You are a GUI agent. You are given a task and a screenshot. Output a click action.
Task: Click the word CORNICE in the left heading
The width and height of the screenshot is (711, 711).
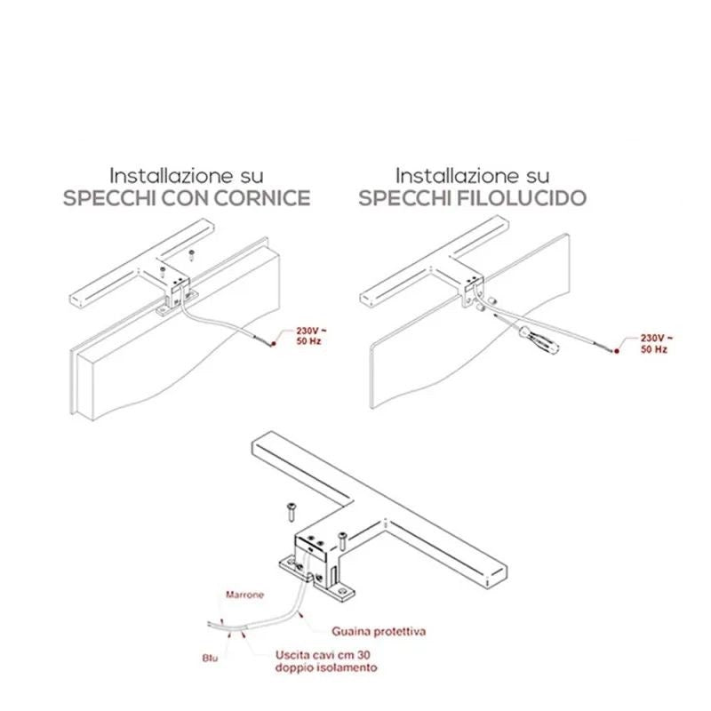(x=262, y=198)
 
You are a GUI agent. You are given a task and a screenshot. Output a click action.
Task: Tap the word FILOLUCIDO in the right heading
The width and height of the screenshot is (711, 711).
(x=518, y=198)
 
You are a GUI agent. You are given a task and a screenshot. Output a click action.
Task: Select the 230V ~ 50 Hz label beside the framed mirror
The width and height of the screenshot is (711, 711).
(x=309, y=336)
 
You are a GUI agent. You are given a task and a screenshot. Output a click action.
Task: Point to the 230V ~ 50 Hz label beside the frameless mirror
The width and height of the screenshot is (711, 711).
(x=657, y=344)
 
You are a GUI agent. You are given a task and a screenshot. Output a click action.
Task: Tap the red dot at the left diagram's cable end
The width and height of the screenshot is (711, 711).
(x=273, y=345)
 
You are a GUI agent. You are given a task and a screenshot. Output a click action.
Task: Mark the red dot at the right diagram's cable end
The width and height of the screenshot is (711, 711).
(x=617, y=351)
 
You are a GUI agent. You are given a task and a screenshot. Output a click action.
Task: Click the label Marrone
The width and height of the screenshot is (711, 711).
(x=245, y=595)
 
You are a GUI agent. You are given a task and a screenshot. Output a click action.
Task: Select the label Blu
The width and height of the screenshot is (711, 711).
(x=210, y=658)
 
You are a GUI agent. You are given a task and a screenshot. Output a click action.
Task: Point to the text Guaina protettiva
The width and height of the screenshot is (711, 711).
(x=379, y=631)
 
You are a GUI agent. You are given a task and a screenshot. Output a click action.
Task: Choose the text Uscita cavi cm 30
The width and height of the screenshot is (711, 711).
(x=323, y=655)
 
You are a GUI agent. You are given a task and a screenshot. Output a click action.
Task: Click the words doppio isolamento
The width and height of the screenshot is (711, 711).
(x=326, y=667)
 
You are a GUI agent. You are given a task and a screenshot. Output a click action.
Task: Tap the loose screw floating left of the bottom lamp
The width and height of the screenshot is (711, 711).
(x=291, y=512)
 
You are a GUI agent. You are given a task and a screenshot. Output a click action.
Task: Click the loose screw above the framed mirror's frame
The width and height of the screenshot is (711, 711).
(x=192, y=255)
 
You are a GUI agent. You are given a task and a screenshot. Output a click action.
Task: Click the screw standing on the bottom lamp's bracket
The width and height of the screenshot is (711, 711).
(x=342, y=541)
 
